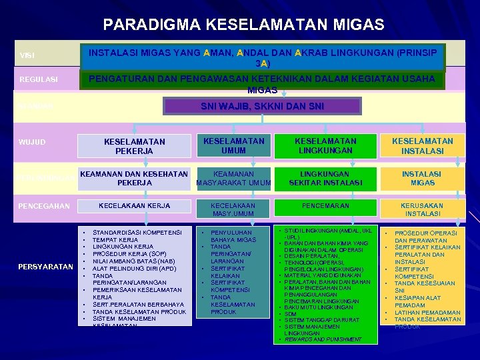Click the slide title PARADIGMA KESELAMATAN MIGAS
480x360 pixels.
click(x=243, y=25)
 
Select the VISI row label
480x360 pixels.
click(x=27, y=55)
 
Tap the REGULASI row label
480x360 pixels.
click(x=39, y=79)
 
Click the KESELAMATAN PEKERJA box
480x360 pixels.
click(x=135, y=147)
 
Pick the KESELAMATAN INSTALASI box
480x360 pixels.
click(x=422, y=146)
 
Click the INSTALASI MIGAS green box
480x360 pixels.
click(x=422, y=178)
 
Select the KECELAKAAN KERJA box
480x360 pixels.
click(x=135, y=206)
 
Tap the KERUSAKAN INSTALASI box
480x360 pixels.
click(x=422, y=210)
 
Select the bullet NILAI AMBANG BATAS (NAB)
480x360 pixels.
click(x=136, y=261)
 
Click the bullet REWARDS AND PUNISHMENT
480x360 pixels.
click(x=323, y=339)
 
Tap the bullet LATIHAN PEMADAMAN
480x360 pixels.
click(x=427, y=312)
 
